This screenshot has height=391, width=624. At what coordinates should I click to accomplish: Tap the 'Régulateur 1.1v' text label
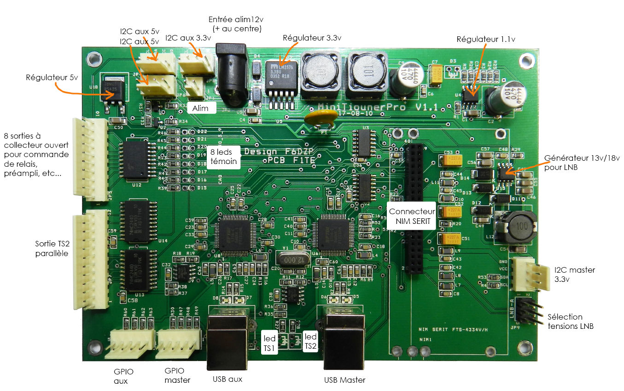485,39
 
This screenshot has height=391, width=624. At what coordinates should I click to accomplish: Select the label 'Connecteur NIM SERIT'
411,216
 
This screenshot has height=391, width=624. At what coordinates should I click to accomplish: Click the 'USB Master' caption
345,379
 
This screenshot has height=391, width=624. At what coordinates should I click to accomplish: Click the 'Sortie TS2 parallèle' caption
52,248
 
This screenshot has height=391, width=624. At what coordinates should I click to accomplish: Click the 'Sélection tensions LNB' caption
570,321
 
